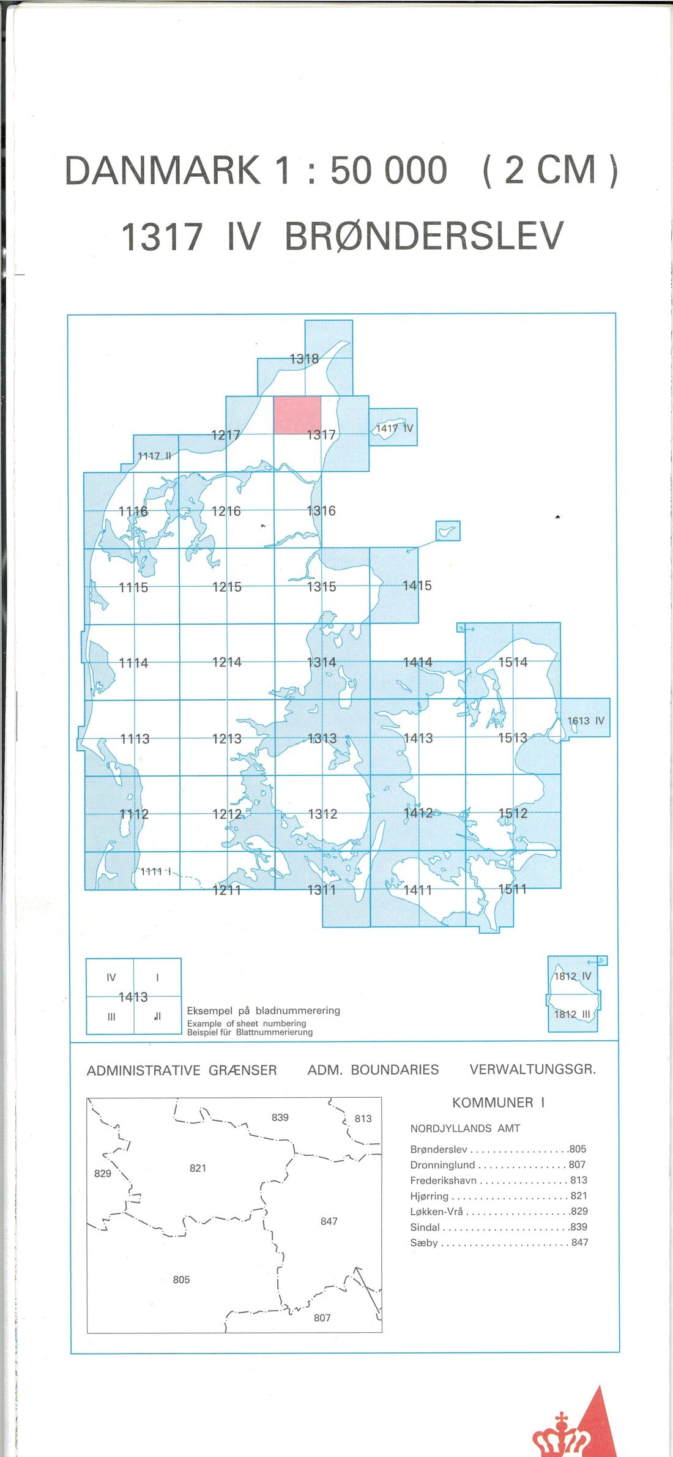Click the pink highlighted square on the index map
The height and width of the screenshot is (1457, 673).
pos(297,415)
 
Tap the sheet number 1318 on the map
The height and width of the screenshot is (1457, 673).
pos(304,359)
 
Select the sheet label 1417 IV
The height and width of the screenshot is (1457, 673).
pos(395,428)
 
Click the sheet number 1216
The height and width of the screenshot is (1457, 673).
pos(226,511)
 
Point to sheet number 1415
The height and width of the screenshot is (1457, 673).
pos(417,586)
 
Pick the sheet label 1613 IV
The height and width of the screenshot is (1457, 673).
pos(586,721)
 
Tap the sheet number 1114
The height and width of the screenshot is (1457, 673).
pos(133,663)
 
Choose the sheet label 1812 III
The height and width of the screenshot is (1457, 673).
pos(572,1014)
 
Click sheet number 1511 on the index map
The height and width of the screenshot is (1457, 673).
pos(513,889)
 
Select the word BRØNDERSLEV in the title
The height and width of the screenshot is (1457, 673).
pos(423,236)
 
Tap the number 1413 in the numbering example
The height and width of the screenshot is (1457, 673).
pos(133,997)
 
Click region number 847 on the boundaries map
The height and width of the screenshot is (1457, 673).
pos(329,1221)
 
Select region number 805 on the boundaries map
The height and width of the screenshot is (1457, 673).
pos(181,1280)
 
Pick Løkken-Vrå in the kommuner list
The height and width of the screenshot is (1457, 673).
pos(436,1211)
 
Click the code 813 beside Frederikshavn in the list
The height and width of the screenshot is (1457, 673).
pos(578,1180)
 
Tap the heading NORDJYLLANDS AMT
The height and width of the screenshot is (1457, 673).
pos(465,1128)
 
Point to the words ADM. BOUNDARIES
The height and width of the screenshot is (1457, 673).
pos(373,1070)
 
